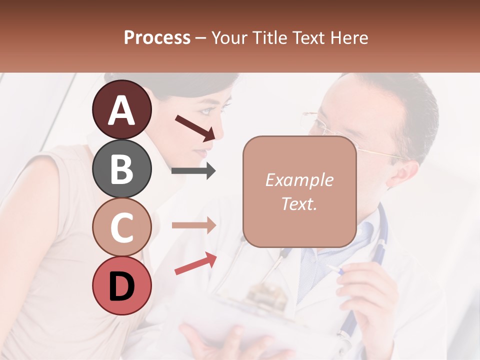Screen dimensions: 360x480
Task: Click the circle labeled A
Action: [x=121, y=109]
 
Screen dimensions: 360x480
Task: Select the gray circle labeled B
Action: [x=121, y=168]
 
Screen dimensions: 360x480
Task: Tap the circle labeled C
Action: [x=121, y=227]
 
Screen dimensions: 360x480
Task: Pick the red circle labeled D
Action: [x=121, y=285]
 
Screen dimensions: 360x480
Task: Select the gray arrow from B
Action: [x=193, y=171]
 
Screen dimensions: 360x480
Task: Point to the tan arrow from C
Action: [x=193, y=225]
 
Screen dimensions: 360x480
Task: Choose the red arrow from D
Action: [x=195, y=263]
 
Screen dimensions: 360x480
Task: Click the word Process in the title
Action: [x=157, y=37]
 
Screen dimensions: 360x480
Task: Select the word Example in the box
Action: [x=299, y=180]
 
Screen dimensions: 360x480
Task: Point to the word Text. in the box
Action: [x=299, y=203]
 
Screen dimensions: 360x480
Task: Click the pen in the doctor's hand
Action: [x=336, y=270]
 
